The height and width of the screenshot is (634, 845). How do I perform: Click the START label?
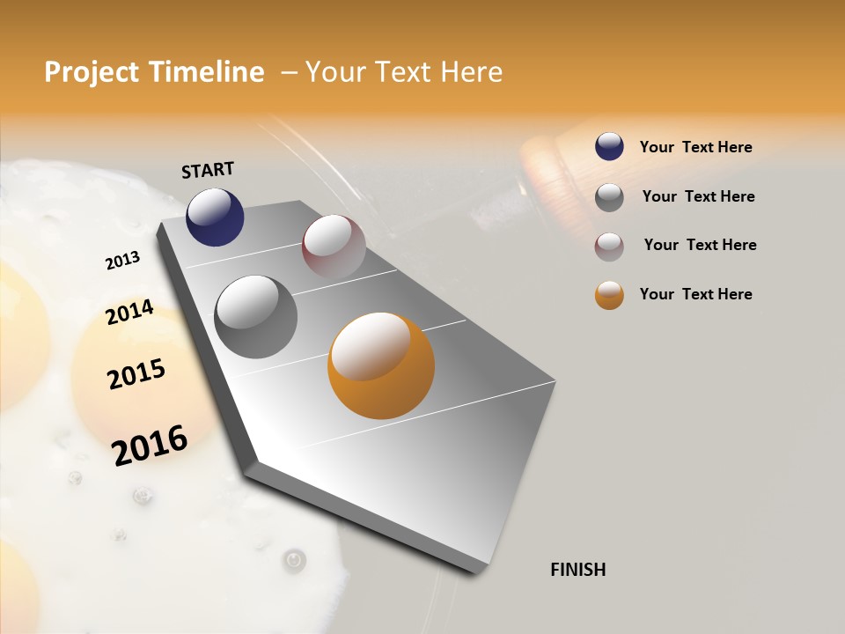click(x=208, y=170)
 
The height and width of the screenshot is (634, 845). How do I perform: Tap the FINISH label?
click(x=577, y=570)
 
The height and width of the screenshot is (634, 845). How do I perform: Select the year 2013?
click(x=123, y=260)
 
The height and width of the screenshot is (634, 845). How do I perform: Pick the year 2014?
click(x=129, y=312)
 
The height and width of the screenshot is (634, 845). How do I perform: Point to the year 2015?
click(x=136, y=374)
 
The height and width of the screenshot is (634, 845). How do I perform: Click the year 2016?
click(x=150, y=445)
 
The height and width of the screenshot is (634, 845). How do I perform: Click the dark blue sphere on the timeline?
click(x=215, y=217)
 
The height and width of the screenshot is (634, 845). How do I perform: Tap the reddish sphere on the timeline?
click(x=334, y=247)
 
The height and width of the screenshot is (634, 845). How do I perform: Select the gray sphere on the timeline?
click(x=255, y=317)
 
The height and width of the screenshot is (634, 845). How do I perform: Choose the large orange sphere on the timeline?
click(x=380, y=365)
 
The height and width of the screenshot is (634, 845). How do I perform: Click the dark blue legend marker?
click(x=609, y=147)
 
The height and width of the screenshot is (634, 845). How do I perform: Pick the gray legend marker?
click(x=609, y=197)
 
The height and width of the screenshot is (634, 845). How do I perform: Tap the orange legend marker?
click(x=609, y=295)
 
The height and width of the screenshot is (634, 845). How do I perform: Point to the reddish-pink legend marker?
click(x=609, y=246)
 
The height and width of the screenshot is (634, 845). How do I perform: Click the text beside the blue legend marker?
click(x=695, y=147)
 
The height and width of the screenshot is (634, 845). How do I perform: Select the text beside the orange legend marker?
click(x=695, y=294)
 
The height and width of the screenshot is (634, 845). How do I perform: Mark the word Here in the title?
click(x=472, y=72)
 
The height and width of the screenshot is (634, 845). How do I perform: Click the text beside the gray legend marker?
click(x=698, y=196)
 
